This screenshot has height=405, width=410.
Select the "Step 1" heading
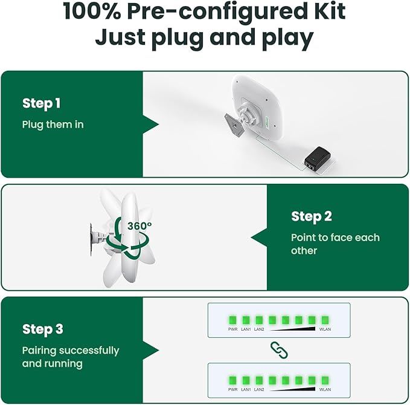(x=42, y=103)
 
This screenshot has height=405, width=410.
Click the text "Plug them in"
(x=53, y=125)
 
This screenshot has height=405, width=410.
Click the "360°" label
(x=139, y=225)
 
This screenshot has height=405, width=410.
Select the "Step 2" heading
(x=312, y=216)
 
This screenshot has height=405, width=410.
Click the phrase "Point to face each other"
(x=335, y=244)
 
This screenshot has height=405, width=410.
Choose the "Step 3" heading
(x=43, y=329)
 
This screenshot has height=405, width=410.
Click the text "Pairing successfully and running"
(x=71, y=357)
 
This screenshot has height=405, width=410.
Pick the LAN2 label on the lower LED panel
(x=259, y=389)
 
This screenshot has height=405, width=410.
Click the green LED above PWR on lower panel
(x=233, y=380)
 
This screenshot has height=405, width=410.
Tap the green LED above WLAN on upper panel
(x=325, y=320)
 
